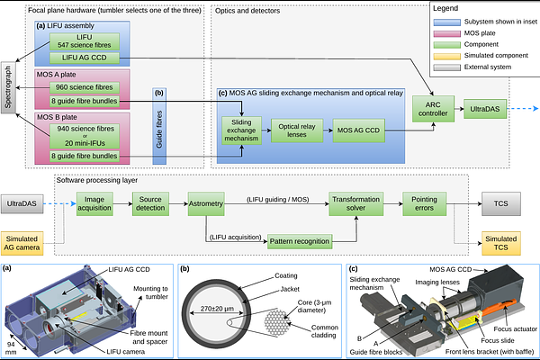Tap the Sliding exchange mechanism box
coord(241,131)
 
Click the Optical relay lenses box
coord(295,131)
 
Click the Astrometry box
coord(205,204)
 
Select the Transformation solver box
coord(352,204)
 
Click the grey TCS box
coord(500,204)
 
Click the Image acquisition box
coord(97,204)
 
